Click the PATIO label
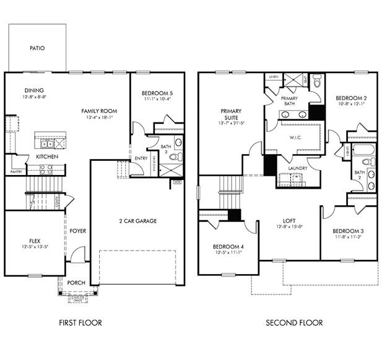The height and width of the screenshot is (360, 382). click(x=37, y=48)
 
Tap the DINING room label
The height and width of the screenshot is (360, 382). click(x=34, y=90)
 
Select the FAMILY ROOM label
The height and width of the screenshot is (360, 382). click(x=99, y=111)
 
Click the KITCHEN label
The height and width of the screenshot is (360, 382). click(x=47, y=156)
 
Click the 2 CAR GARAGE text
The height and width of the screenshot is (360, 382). click(x=137, y=221)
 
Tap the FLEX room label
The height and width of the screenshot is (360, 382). click(x=35, y=241)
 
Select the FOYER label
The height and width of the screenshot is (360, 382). click(x=78, y=231)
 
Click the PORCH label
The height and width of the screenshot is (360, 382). click(x=76, y=283)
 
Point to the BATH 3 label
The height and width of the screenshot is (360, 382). click(x=165, y=149)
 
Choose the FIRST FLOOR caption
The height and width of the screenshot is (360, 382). click(x=80, y=322)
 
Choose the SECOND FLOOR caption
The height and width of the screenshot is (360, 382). click(x=294, y=322)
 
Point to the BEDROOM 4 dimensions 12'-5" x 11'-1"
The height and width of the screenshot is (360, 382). click(x=227, y=252)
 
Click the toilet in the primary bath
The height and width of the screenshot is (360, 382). click(x=317, y=80)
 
